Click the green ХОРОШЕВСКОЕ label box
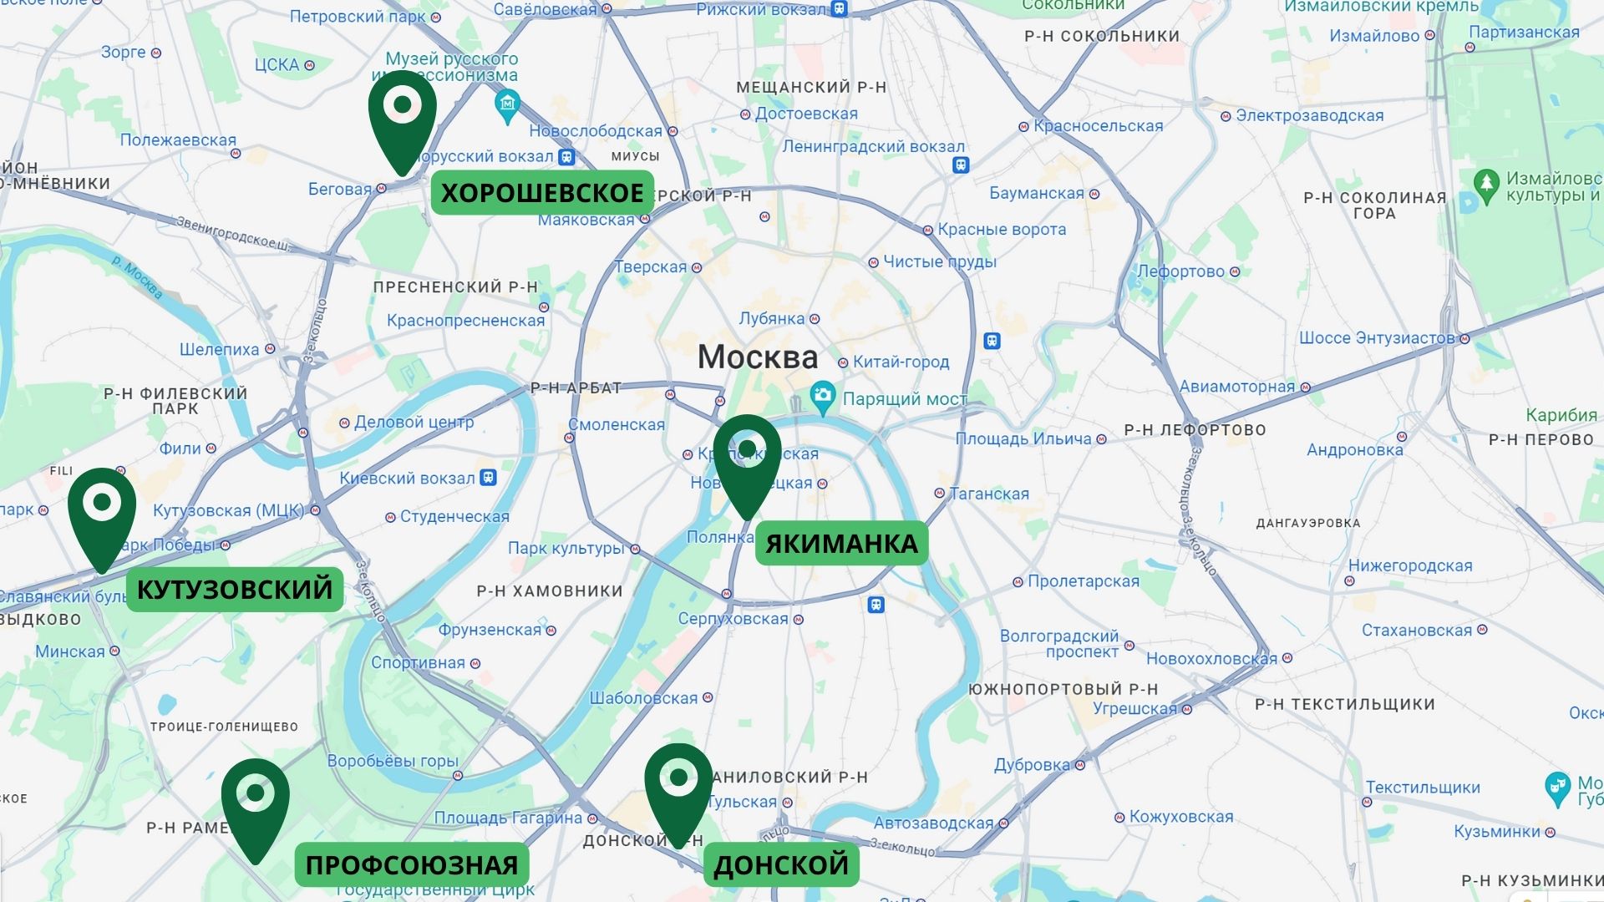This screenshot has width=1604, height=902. (542, 193)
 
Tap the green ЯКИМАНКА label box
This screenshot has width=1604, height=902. (841, 544)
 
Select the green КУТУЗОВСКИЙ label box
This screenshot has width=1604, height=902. (235, 590)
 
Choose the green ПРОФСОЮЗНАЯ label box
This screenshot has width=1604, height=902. (412, 865)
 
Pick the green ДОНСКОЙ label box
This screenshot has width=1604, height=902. (781, 865)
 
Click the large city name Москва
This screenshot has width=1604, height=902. (758, 357)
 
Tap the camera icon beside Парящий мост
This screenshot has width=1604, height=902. (823, 398)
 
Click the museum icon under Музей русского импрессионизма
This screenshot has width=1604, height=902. (507, 106)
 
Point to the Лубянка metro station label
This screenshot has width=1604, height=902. (772, 319)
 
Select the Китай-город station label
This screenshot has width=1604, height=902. (901, 362)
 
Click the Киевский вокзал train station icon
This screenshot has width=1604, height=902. (489, 478)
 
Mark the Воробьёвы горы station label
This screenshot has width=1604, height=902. (393, 762)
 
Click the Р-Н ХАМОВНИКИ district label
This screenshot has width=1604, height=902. (550, 591)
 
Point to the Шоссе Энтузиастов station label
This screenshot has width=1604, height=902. (1377, 338)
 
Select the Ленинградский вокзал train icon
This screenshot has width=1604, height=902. (961, 165)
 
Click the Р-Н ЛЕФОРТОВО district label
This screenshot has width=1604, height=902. (1195, 430)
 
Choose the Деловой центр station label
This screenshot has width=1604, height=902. (414, 423)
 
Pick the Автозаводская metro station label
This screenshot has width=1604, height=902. (933, 823)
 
